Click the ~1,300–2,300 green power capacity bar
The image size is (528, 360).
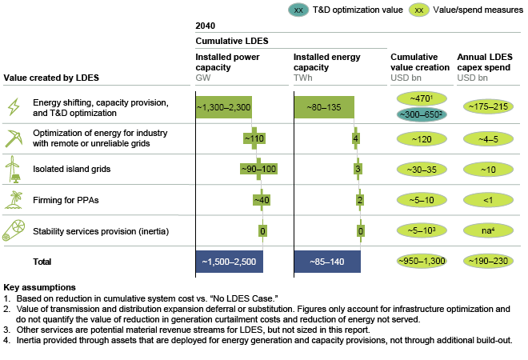coord(229,107)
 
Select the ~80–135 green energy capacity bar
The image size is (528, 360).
coord(324,107)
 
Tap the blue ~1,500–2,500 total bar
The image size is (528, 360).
coord(229,262)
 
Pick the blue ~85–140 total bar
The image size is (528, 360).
coord(327,262)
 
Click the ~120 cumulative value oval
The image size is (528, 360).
coord(416,138)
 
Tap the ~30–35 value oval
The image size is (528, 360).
coord(416,170)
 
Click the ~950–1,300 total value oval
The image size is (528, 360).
coord(416,262)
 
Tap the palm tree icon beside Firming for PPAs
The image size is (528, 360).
coord(14,200)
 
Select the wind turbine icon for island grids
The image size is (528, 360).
coord(14,169)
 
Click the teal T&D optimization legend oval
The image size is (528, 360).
coord(298,10)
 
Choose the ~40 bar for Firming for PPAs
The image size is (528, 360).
coord(259,200)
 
